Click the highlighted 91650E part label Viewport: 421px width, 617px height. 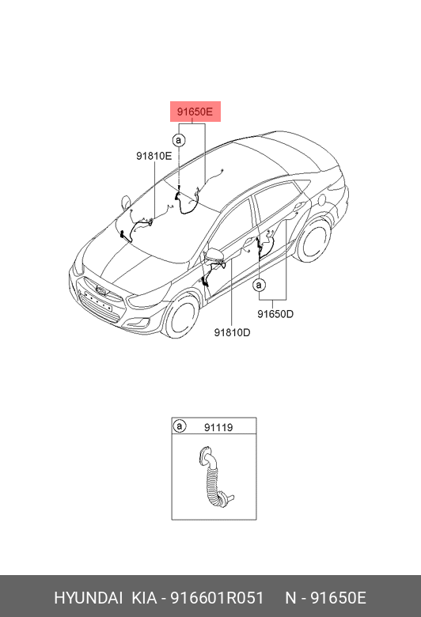[195, 112]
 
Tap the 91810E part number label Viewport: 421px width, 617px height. [154, 156]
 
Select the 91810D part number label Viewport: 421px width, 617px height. [232, 332]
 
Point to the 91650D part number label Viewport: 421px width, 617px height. [275, 314]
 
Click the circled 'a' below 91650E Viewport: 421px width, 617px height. [179, 140]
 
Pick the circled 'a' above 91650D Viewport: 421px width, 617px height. [259, 285]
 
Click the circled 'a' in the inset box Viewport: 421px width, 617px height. [180, 426]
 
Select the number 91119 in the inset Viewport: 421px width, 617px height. [218, 427]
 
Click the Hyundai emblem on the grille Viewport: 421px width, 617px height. [101, 291]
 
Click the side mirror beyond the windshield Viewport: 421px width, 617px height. [126, 200]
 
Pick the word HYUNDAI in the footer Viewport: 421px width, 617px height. [88, 598]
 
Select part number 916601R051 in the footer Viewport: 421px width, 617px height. [217, 598]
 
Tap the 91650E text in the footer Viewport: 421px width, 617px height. [339, 598]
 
